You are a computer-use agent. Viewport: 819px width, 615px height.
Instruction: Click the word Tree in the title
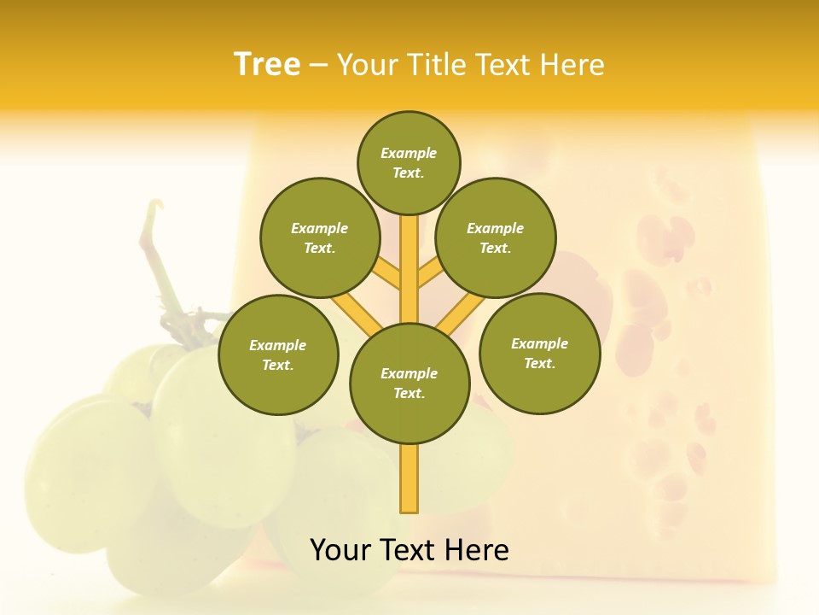click(x=267, y=65)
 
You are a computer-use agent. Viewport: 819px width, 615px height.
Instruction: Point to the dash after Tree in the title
click(x=318, y=66)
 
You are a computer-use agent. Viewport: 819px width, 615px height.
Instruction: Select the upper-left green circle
click(x=319, y=237)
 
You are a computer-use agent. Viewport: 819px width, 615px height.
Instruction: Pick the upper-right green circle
click(x=495, y=237)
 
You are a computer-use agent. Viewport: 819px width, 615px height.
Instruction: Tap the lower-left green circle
click(x=278, y=354)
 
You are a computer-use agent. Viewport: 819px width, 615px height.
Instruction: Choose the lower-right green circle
click(x=539, y=353)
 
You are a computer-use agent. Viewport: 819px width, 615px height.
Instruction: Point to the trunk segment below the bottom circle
click(x=409, y=478)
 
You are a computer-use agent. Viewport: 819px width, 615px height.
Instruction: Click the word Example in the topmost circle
click(x=409, y=154)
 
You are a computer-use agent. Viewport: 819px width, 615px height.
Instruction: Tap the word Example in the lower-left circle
click(x=278, y=345)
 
